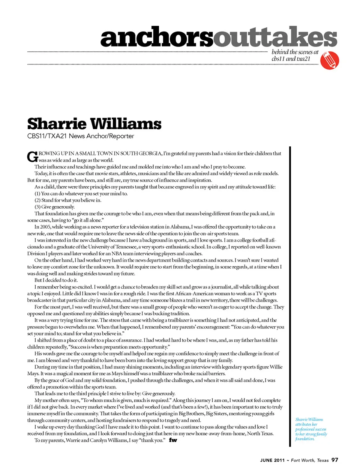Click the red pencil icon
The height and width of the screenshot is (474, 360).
[x=330, y=60]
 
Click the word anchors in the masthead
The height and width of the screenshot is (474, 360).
[x=157, y=38]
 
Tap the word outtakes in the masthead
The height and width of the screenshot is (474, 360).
[x=275, y=38]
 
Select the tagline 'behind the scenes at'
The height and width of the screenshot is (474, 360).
[x=295, y=52]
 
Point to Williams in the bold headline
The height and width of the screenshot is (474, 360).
[x=126, y=124]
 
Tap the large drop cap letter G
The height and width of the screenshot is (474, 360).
[x=32, y=156]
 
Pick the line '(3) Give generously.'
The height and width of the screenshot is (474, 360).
[x=55, y=207]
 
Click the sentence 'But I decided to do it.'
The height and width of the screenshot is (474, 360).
[x=56, y=280]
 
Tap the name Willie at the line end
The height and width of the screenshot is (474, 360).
[x=276, y=367]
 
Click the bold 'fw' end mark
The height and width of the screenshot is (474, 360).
[x=173, y=440]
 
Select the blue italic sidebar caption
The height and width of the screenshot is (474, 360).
[x=310, y=429]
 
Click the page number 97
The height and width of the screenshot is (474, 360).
[x=334, y=460]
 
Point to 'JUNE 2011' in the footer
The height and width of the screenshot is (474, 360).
[x=272, y=460]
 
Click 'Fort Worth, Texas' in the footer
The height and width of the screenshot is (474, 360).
[x=310, y=460]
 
